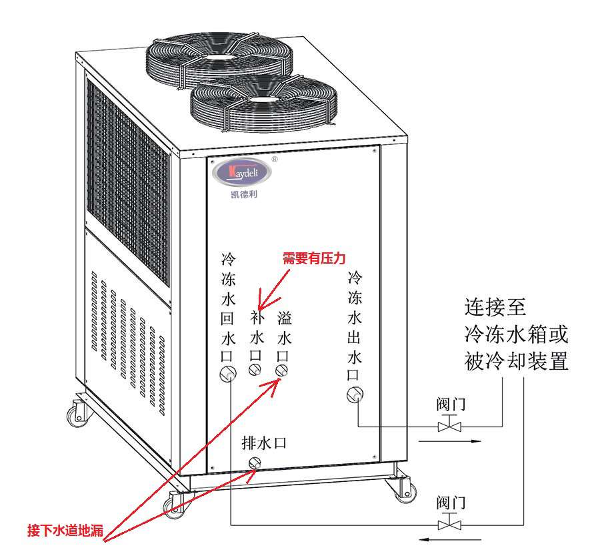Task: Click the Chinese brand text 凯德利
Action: pos(241,194)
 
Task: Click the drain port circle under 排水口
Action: pos(254,463)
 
